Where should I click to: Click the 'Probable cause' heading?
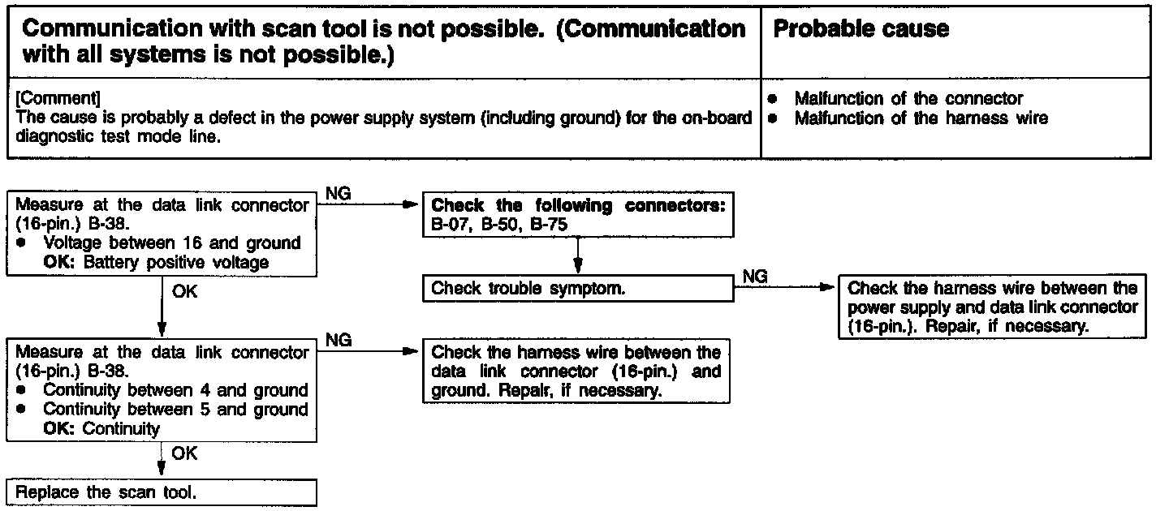click(861, 30)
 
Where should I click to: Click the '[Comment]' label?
click(58, 98)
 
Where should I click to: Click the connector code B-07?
click(449, 225)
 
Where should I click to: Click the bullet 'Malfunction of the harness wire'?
click(921, 118)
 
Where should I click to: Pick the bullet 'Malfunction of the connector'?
click(908, 99)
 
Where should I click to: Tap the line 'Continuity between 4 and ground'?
click(175, 390)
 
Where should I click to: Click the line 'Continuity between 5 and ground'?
click(175, 410)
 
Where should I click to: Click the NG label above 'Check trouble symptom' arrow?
click(755, 277)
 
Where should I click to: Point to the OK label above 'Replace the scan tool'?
click(184, 454)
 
